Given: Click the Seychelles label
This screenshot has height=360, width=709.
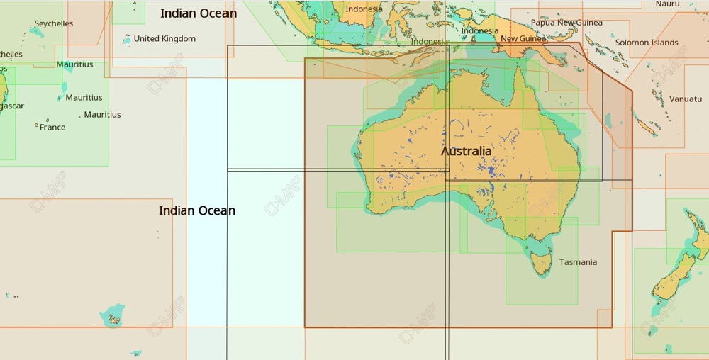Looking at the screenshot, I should coord(54,23).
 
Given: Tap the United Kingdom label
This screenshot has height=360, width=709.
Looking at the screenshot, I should coord(164,38).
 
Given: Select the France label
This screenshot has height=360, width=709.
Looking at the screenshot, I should coord(52,128).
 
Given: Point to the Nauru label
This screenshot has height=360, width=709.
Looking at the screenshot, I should coord(667,4).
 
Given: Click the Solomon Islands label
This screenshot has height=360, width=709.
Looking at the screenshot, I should coord(647,43).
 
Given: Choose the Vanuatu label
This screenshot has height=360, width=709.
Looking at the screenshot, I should coord(686,99).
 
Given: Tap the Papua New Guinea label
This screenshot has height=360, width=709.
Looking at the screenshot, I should coord(566,23).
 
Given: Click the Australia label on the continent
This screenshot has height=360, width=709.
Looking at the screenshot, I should coord(466,151).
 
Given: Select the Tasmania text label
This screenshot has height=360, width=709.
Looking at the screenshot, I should coord(578,262).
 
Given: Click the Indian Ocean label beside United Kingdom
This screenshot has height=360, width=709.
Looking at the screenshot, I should coord(199,13).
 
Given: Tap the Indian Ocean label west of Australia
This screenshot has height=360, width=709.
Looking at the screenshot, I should coord(197,210).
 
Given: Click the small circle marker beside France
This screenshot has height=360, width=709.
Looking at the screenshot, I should coord(36,125).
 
